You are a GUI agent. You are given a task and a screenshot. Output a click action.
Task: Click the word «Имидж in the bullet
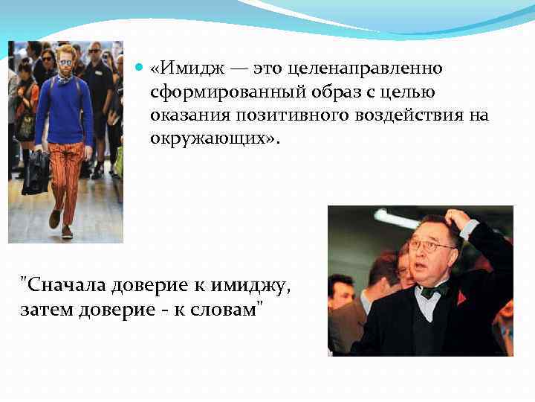182,68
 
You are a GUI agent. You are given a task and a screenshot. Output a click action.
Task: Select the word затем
43,307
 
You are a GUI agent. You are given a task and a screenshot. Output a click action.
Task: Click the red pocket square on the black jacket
462,298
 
